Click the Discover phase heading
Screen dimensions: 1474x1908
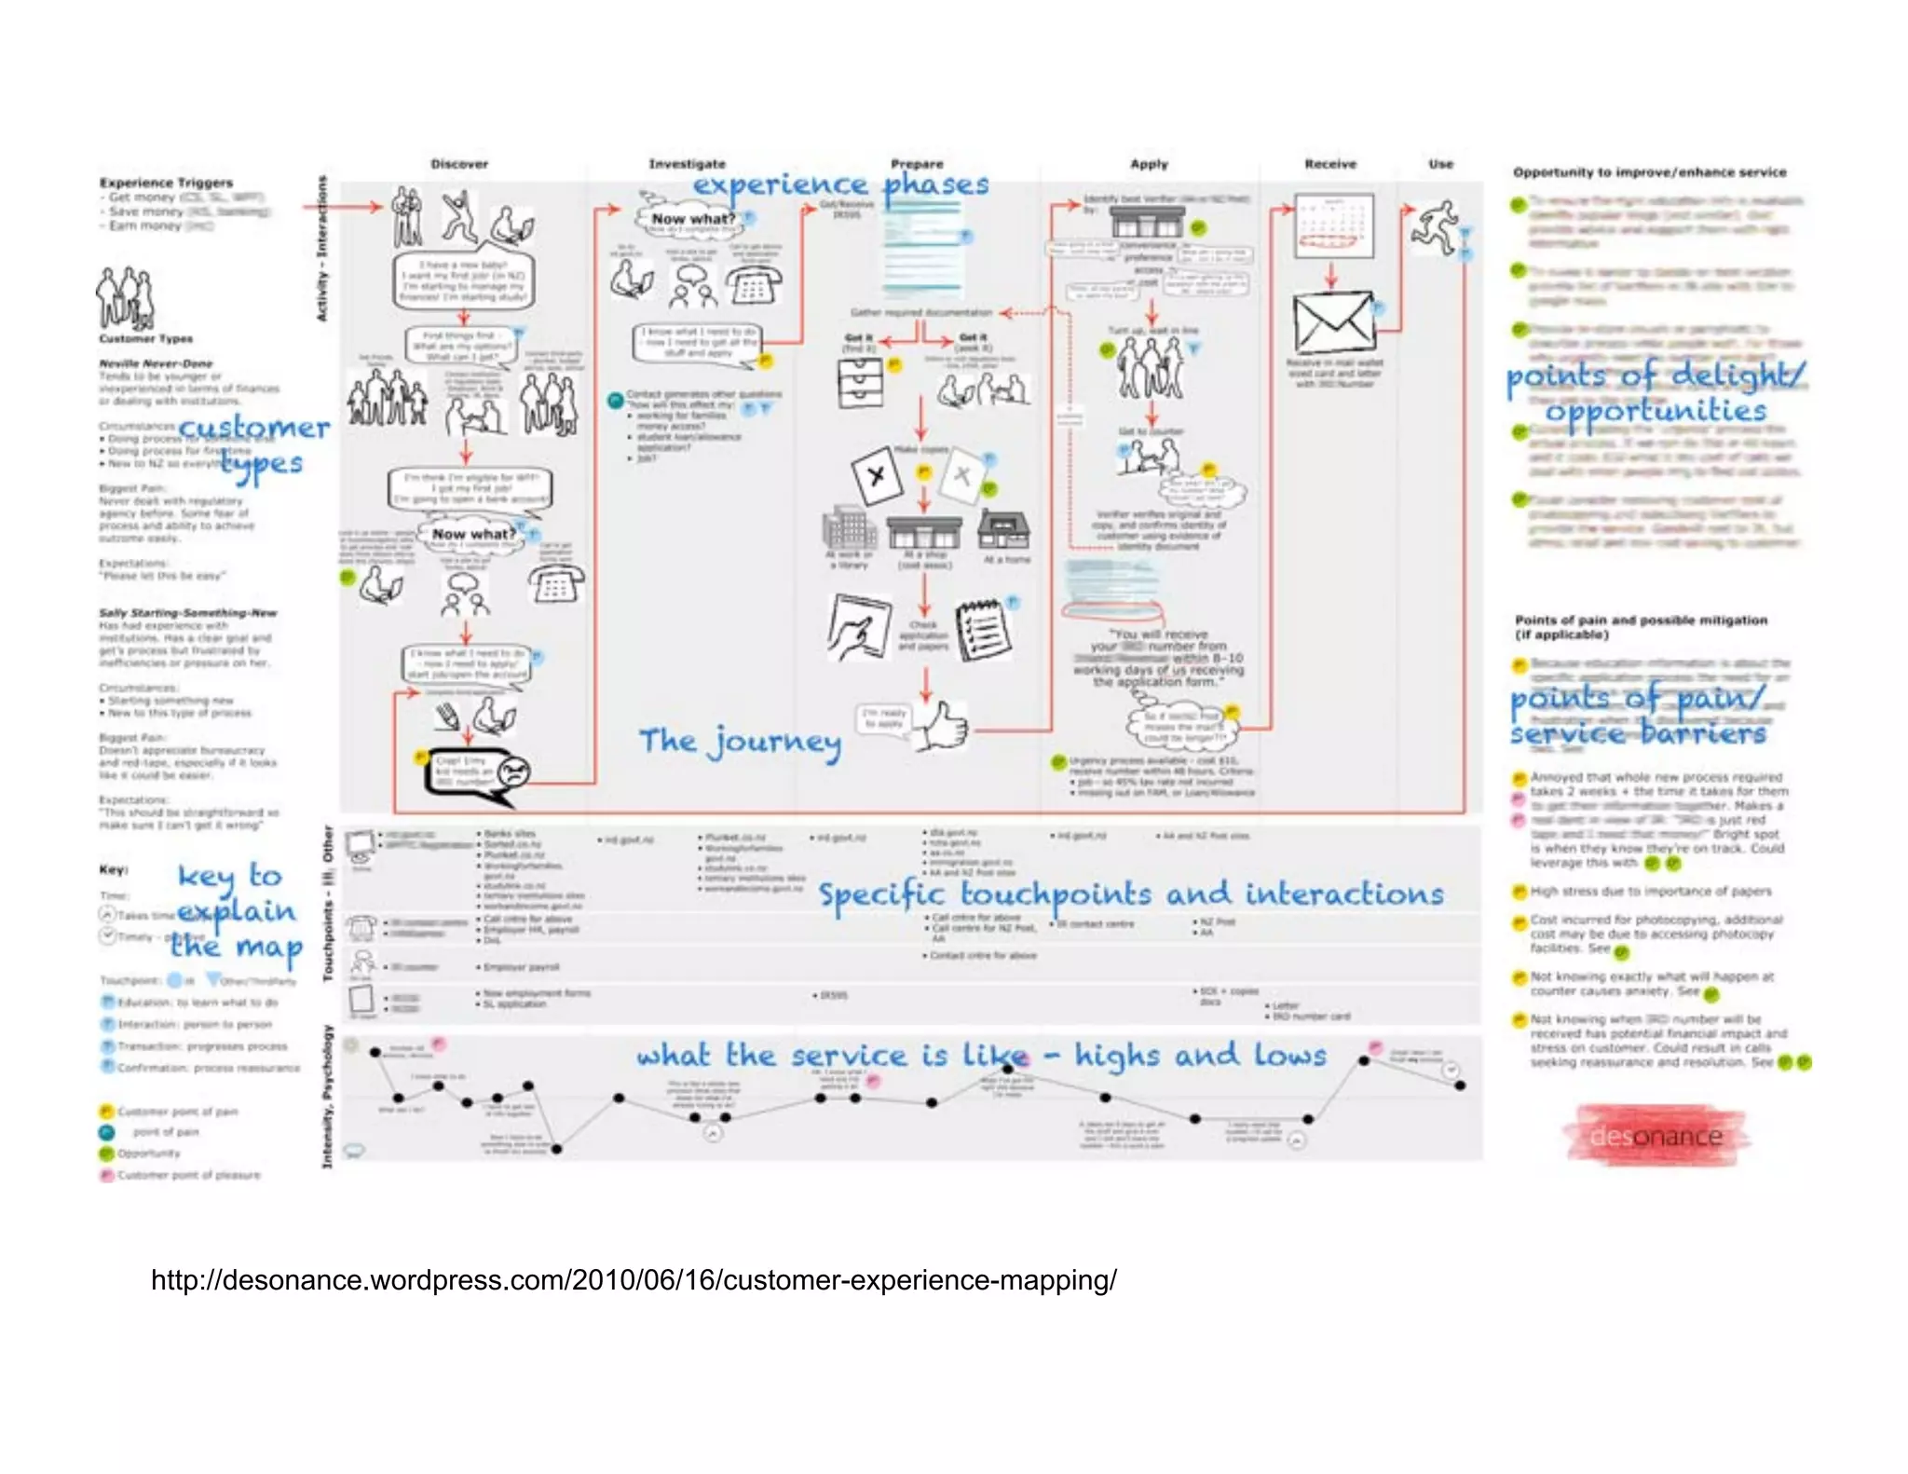click(458, 164)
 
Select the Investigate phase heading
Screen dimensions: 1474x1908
click(687, 164)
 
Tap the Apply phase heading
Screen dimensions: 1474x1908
click(1149, 164)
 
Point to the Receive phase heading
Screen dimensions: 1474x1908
click(1330, 164)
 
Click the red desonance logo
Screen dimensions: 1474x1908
click(1656, 1136)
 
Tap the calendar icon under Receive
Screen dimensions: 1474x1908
click(1334, 225)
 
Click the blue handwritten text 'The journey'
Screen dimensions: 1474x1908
click(740, 742)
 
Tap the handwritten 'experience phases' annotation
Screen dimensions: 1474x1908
click(840, 184)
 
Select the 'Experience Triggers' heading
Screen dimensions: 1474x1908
click(166, 183)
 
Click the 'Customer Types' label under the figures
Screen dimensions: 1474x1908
click(146, 339)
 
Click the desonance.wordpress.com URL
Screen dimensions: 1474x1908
click(634, 1280)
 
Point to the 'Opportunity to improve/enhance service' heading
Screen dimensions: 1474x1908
click(1649, 172)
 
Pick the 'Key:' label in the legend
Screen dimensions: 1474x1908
click(113, 869)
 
